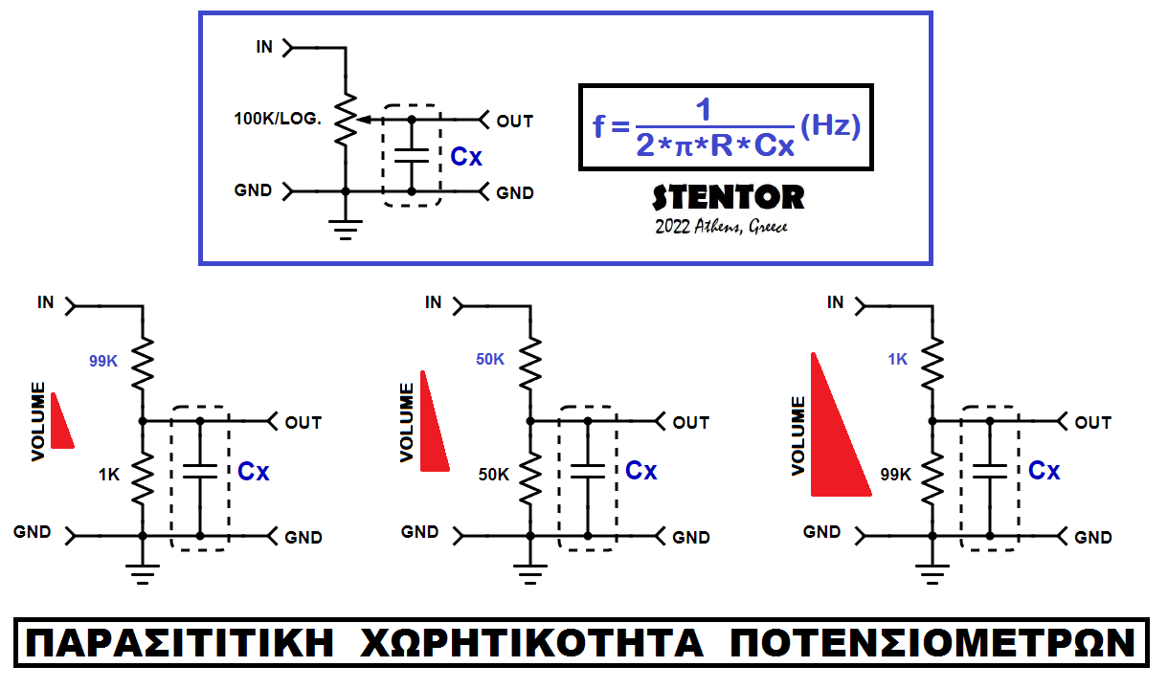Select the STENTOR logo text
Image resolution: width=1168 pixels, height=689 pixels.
click(728, 197)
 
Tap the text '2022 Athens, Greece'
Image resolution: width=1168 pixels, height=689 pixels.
click(721, 228)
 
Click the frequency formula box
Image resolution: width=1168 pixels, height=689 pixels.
click(727, 127)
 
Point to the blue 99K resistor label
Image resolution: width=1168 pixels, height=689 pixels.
click(102, 362)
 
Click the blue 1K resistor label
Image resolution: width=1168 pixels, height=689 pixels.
click(897, 360)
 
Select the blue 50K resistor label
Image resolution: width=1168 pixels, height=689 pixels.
click(489, 360)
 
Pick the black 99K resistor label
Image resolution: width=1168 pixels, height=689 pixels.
click(896, 474)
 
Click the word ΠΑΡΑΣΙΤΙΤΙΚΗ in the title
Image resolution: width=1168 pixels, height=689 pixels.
click(181, 643)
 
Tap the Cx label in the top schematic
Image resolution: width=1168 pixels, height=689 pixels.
click(466, 157)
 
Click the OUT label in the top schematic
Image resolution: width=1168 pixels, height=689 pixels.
click(515, 122)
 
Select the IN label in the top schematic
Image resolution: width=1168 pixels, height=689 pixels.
click(264, 46)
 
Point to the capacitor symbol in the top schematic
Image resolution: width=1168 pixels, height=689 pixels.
click(412, 156)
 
